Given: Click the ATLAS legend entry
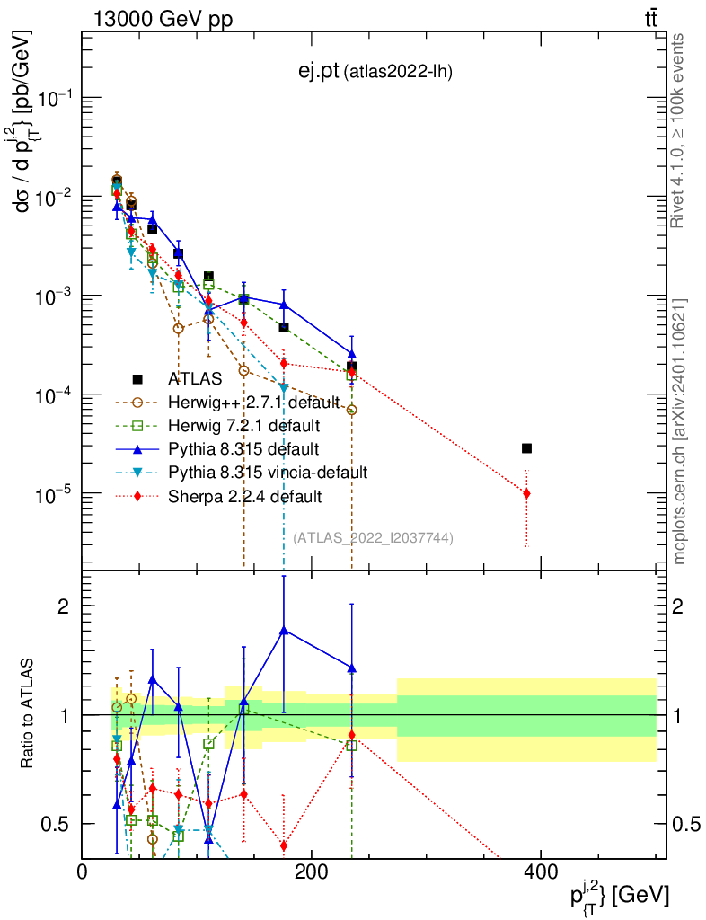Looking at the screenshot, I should pyautogui.click(x=193, y=379).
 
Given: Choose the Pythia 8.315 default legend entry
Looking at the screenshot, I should pyautogui.click(x=243, y=447).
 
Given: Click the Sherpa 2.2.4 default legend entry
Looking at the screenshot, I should pyautogui.click(x=243, y=495).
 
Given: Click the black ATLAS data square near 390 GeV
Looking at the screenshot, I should pyautogui.click(x=526, y=448).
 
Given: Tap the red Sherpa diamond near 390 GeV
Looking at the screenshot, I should pyautogui.click(x=526, y=493).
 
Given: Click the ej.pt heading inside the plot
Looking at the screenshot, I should pyautogui.click(x=375, y=71).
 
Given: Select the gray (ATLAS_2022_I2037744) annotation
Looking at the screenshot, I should pyautogui.click(x=373, y=538).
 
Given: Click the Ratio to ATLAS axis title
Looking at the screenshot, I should pyautogui.click(x=29, y=714).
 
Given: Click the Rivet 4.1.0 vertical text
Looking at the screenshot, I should pyautogui.click(x=680, y=130).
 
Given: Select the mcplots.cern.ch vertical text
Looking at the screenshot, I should pyautogui.click(x=680, y=431).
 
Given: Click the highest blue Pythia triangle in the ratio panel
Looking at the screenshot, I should pyautogui.click(x=284, y=631).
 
